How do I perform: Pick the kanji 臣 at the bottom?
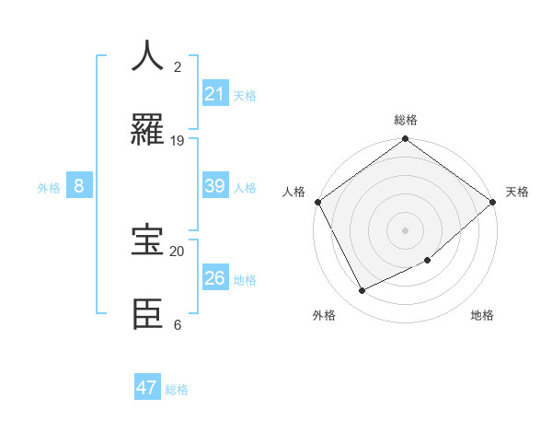[148, 313]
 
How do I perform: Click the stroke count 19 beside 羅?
[178, 141]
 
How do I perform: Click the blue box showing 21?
[215, 94]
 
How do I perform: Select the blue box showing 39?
[215, 186]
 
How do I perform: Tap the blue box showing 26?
[215, 278]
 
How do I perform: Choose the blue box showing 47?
[147, 388]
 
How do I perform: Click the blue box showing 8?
[79, 186]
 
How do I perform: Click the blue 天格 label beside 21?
[245, 95]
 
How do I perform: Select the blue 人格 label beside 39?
[245, 187]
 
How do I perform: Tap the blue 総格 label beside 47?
[177, 390]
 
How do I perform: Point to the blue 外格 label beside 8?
[49, 187]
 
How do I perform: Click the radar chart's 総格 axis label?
[406, 120]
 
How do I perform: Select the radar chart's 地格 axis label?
[482, 315]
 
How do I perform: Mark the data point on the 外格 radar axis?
[362, 291]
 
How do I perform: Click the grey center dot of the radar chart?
[406, 230]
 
